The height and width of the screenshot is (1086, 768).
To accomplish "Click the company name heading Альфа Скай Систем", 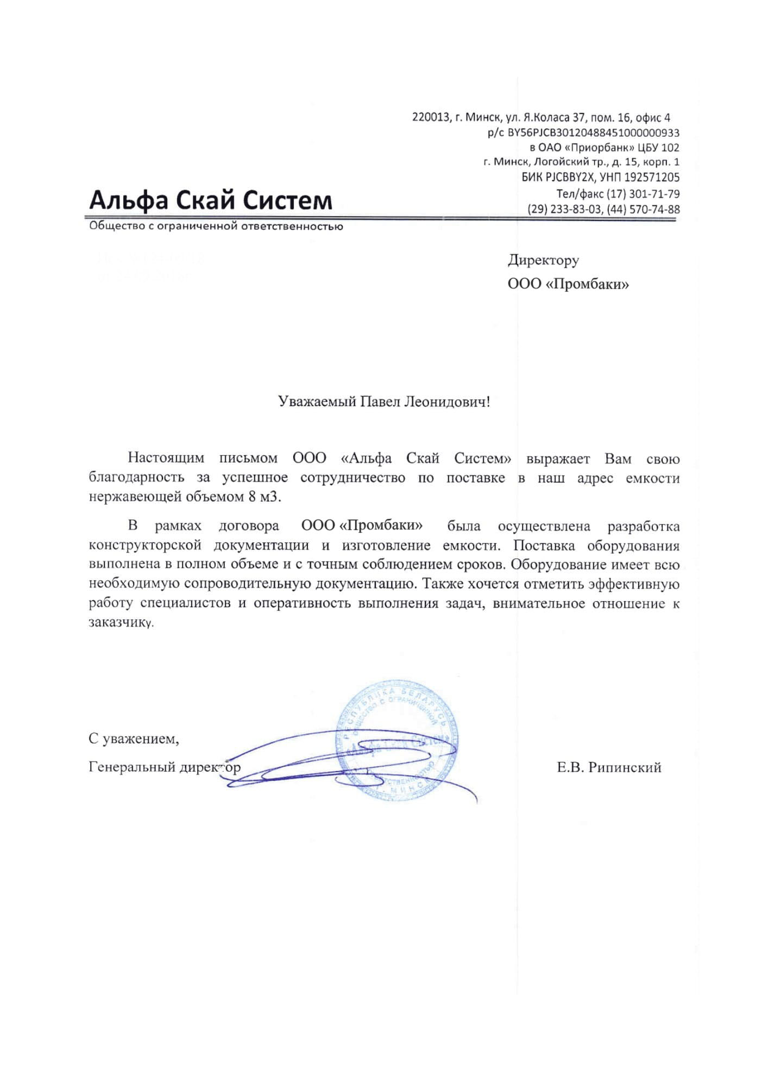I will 210,200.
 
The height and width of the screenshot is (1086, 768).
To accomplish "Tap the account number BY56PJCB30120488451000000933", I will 593,133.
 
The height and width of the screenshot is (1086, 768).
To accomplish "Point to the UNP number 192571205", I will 651,178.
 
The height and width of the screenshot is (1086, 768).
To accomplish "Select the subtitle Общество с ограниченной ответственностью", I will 216,226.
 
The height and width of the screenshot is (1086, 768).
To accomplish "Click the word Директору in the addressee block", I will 543,260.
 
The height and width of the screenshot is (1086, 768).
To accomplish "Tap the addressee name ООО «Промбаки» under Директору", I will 568,284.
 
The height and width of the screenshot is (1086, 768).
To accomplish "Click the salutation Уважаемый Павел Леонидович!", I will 383,402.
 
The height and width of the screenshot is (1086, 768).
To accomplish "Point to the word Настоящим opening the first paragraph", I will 166,458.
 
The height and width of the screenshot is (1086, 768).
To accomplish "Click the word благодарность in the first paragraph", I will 136,478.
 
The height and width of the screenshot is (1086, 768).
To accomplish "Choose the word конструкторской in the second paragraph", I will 145,545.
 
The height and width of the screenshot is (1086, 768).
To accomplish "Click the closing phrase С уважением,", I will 134,738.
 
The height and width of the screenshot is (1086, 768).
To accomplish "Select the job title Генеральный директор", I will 164,767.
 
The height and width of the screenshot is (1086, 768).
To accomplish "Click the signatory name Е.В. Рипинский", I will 608,767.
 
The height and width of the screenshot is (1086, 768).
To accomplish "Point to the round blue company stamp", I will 397,742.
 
